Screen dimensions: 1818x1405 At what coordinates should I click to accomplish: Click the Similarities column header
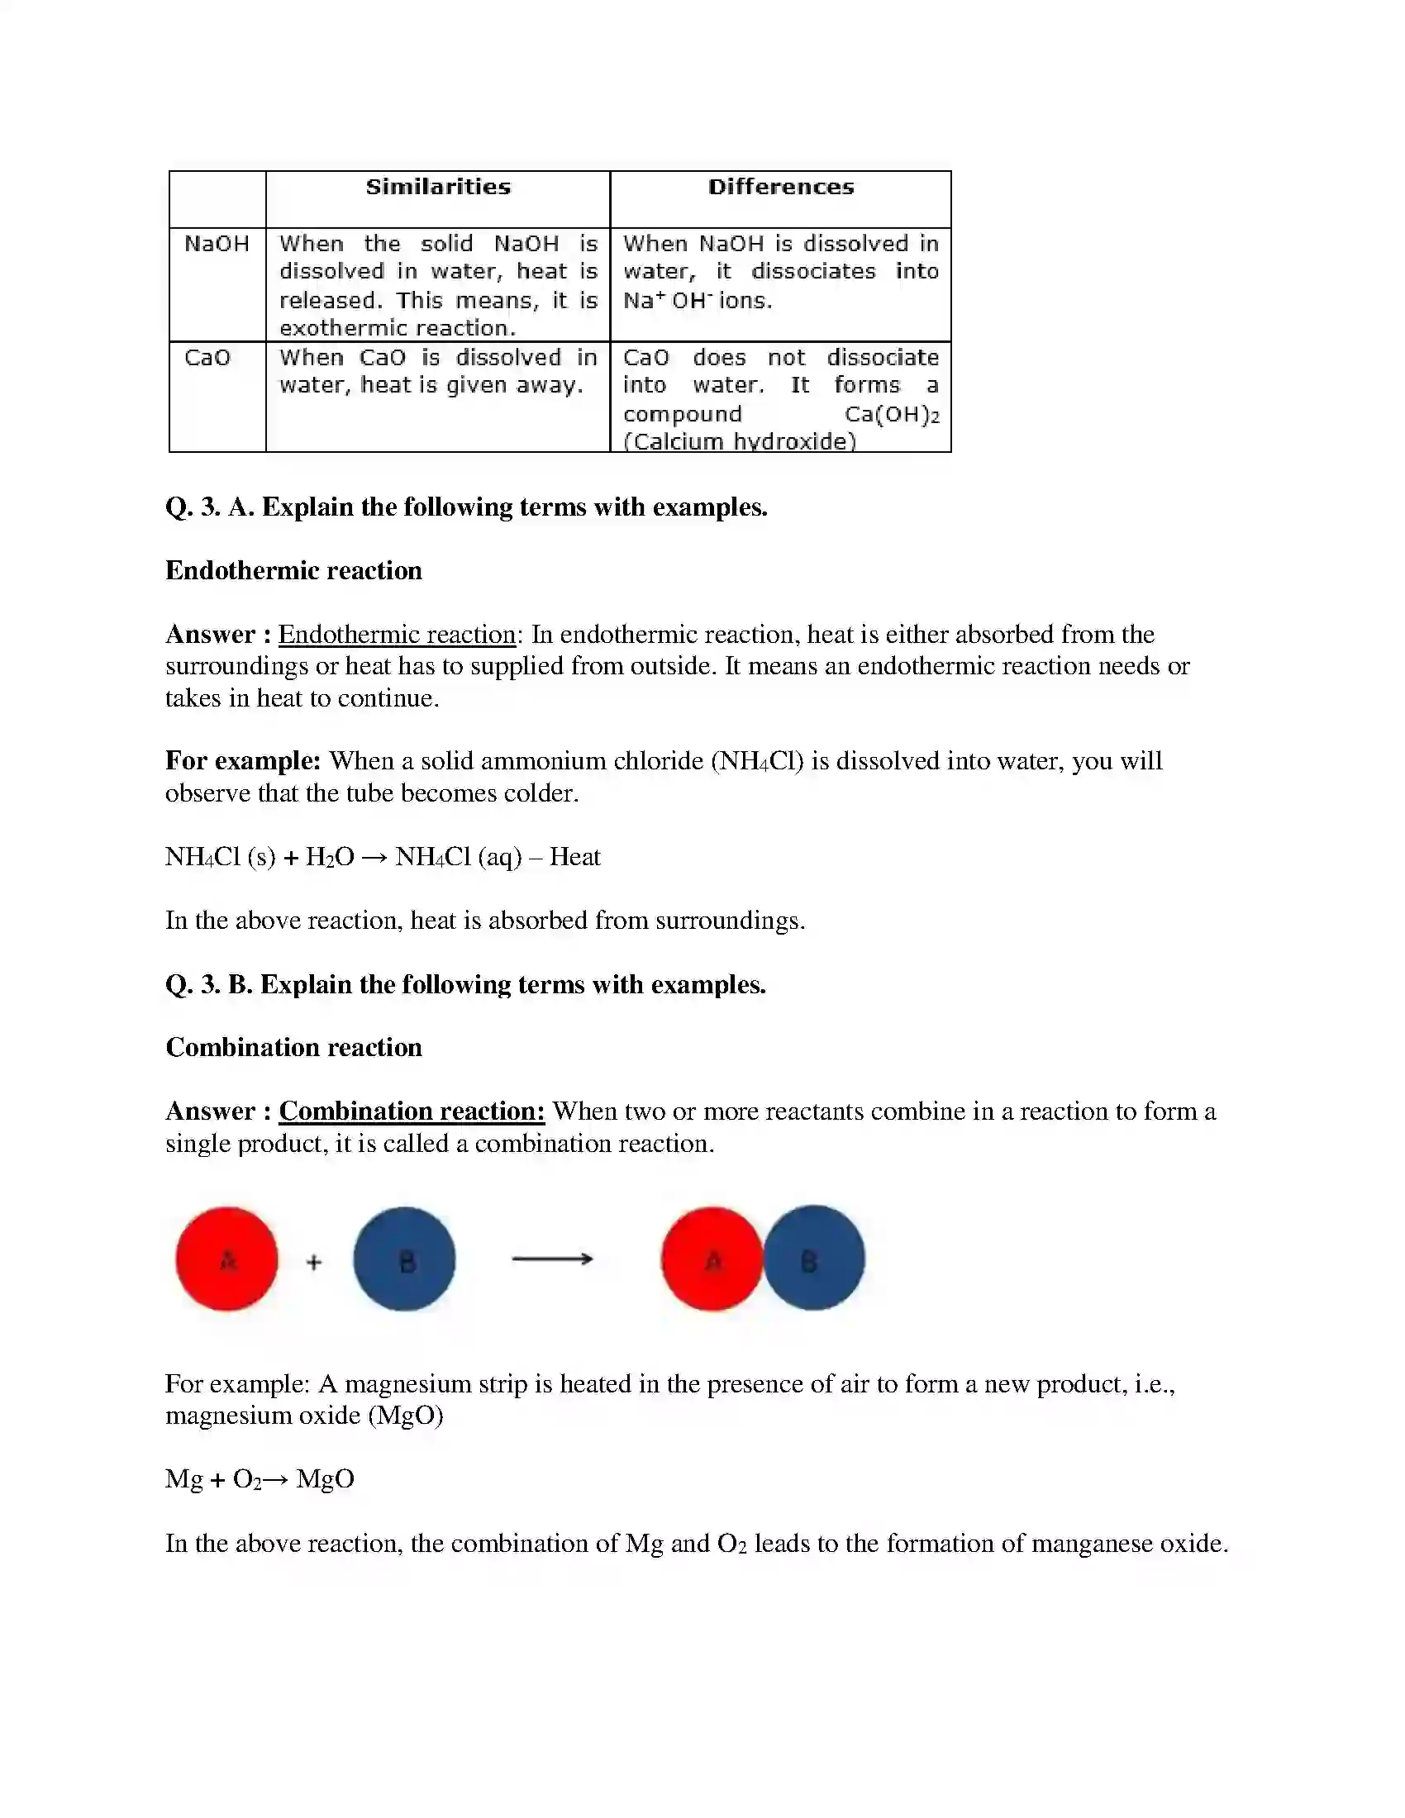tap(438, 187)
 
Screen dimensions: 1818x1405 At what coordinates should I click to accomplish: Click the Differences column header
tap(781, 187)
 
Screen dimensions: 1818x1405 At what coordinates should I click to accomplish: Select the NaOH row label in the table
tap(217, 244)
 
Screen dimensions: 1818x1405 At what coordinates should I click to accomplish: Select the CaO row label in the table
tap(207, 358)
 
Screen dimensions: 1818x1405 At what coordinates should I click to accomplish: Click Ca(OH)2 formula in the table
tap(892, 414)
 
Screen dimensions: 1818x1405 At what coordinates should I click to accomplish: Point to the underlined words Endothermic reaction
tap(397, 635)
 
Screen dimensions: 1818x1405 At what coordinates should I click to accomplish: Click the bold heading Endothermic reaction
tap(294, 571)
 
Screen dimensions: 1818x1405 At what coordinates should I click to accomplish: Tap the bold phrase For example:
tap(243, 761)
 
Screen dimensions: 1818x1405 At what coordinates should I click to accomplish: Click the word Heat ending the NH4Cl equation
tap(574, 858)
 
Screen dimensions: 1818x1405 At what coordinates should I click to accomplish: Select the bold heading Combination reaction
tap(294, 1047)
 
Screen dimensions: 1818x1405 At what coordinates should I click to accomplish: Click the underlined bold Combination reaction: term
tap(412, 1111)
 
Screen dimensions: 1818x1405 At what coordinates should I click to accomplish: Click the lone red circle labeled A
tap(226, 1259)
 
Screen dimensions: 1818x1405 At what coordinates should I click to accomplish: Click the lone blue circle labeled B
tap(404, 1259)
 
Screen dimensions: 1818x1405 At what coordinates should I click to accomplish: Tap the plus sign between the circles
tap(314, 1263)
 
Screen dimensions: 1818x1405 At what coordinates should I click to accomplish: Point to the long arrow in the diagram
tap(552, 1259)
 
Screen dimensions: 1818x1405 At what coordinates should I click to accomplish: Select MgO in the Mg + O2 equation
tap(326, 1479)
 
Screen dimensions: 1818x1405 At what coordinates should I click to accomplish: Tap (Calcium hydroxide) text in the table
tap(739, 441)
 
